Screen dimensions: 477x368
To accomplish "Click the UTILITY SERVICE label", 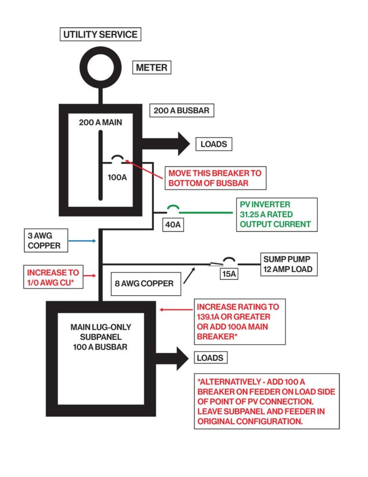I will pyautogui.click(x=101, y=35).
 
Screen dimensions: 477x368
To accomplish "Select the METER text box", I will pyautogui.click(x=151, y=68).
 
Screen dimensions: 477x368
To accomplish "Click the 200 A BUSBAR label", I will pyautogui.click(x=182, y=111).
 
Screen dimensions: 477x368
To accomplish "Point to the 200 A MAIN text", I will pyautogui.click(x=101, y=122).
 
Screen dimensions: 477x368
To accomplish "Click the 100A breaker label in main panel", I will pyautogui.click(x=117, y=178).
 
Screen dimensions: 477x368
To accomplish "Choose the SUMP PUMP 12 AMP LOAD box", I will pyautogui.click(x=287, y=264).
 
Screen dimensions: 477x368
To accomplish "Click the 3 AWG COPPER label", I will pyautogui.click(x=44, y=240).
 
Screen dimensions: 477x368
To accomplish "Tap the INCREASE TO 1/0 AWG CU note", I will pyautogui.click(x=53, y=277).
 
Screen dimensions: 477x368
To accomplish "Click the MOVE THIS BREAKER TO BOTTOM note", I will pyautogui.click(x=215, y=178).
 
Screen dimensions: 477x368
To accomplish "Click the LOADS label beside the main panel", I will pyautogui.click(x=213, y=144).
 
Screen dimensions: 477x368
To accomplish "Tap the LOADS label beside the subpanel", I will pyautogui.click(x=209, y=358).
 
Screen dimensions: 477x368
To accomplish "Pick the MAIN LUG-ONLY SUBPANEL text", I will pyautogui.click(x=101, y=336).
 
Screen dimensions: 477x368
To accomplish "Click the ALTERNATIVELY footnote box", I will pyautogui.click(x=266, y=401).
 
